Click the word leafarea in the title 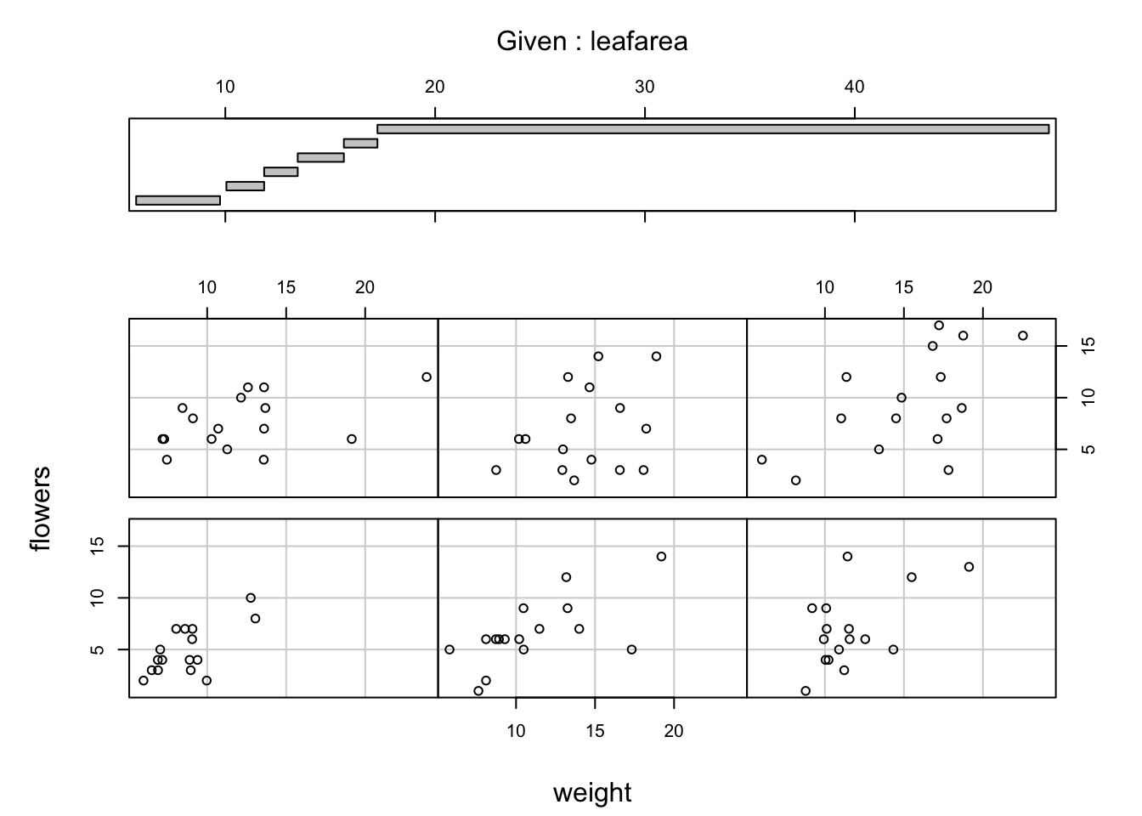tap(638, 41)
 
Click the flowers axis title tap(41, 508)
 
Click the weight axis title tap(592, 793)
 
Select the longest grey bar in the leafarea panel tap(713, 129)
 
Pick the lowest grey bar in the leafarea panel tap(178, 201)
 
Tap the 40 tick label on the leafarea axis tap(854, 87)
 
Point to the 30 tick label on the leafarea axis tap(644, 87)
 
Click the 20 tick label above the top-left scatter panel tap(365, 287)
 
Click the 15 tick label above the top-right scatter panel tap(903, 287)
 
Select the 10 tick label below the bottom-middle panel tap(516, 730)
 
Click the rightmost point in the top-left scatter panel tap(427, 377)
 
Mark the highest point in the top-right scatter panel tap(939, 325)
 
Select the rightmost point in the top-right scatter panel tap(1022, 336)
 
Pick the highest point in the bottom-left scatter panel tap(251, 598)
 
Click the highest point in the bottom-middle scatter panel tap(661, 556)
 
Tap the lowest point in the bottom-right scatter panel tap(806, 690)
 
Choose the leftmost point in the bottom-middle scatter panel tap(449, 649)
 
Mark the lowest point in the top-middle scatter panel tap(574, 480)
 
